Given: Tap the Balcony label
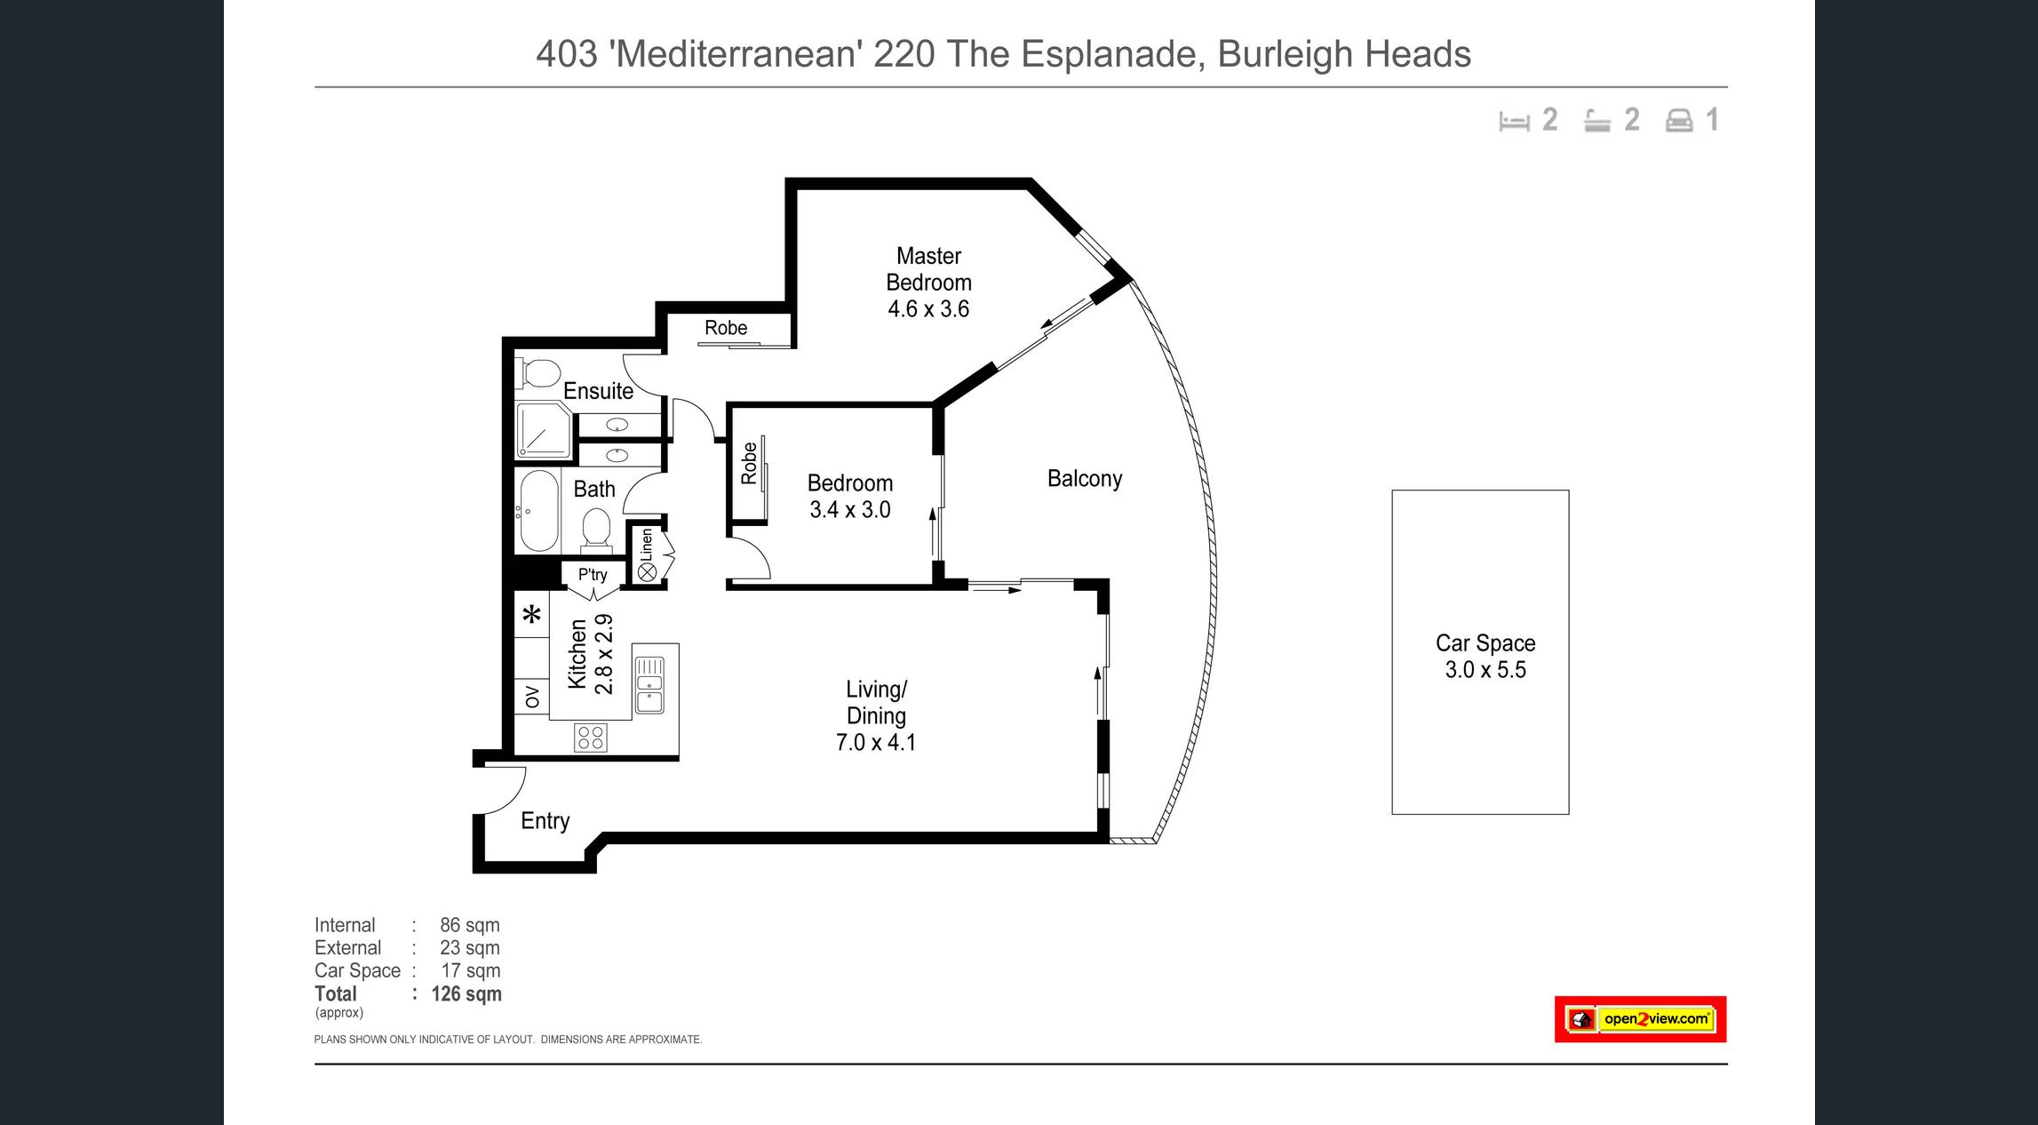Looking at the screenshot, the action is tap(1085, 479).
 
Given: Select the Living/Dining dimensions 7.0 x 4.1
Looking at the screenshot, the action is tap(876, 742).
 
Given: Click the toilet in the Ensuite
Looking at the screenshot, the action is tap(537, 374).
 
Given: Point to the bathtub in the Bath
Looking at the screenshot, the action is tap(537, 511).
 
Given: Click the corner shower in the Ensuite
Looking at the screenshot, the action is tap(544, 430).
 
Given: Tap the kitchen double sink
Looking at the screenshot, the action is tap(649, 684).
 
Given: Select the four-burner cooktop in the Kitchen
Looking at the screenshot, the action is tap(591, 738).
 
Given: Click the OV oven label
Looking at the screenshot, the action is tap(532, 697).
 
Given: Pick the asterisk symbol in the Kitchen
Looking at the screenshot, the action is tap(531, 614).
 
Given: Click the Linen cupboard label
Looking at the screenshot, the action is tap(647, 545).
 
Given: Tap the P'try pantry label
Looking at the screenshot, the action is tap(593, 575).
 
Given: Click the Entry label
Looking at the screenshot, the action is tap(545, 821).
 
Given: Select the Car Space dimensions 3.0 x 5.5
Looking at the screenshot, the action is tap(1485, 670).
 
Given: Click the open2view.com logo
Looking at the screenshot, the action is tap(1640, 1019).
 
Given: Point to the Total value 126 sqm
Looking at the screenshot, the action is tap(466, 994).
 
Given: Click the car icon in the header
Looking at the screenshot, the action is tap(1679, 120).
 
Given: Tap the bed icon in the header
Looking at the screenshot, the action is tap(1514, 121).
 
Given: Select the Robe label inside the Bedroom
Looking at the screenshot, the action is tap(749, 463).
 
